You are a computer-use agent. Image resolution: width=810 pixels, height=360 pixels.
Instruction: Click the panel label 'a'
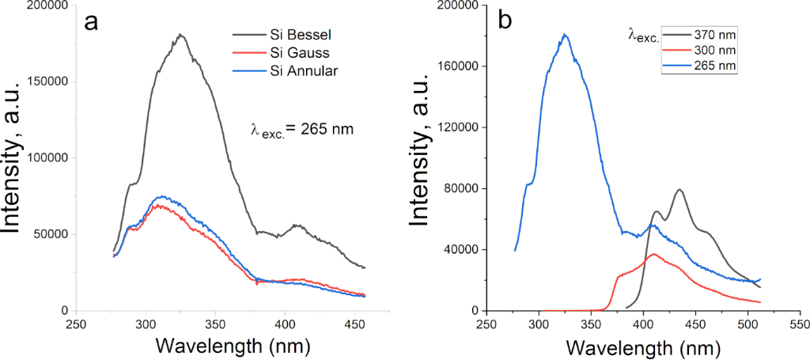[x=92, y=22]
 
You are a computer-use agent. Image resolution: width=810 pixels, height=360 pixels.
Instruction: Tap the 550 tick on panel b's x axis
[x=799, y=324]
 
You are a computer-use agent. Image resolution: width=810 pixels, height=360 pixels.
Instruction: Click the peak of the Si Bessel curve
[x=180, y=35]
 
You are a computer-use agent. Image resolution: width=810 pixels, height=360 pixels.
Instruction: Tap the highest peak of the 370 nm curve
[x=679, y=190]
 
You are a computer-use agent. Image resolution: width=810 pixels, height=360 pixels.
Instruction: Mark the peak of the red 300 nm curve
[x=653, y=254]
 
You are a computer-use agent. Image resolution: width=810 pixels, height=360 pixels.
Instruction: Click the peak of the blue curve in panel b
[x=565, y=35]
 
